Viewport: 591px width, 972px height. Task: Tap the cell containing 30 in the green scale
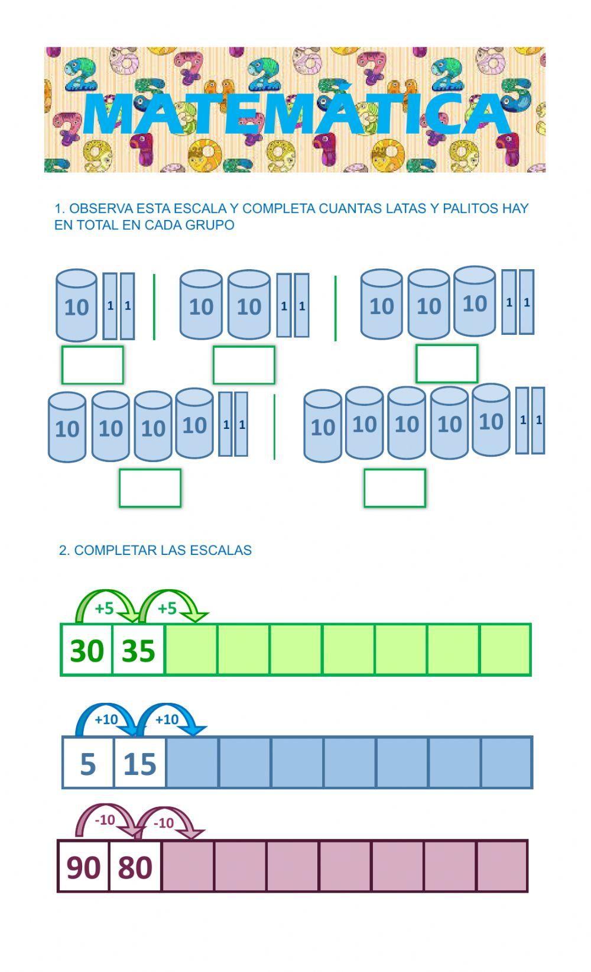[87, 650]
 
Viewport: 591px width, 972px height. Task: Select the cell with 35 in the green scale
[138, 650]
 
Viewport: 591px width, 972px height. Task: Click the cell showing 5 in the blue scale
[88, 763]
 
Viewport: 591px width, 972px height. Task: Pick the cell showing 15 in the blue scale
[140, 763]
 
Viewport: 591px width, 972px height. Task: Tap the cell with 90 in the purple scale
[83, 866]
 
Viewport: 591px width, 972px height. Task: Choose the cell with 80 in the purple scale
[135, 866]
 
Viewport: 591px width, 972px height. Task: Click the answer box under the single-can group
[93, 365]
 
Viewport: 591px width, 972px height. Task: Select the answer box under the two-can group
[244, 365]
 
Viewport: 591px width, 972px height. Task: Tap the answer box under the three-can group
[447, 364]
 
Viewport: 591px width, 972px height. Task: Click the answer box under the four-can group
[150, 488]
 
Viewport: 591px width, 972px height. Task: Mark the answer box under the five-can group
[395, 488]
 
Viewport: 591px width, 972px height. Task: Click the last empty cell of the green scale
[505, 650]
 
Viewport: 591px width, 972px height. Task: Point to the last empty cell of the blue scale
[506, 763]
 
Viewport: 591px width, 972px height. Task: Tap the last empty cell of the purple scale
[502, 866]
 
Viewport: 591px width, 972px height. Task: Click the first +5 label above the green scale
[104, 608]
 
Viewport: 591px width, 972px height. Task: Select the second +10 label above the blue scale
[167, 719]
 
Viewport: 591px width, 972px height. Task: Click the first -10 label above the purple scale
[105, 820]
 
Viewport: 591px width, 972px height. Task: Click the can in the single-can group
[76, 305]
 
